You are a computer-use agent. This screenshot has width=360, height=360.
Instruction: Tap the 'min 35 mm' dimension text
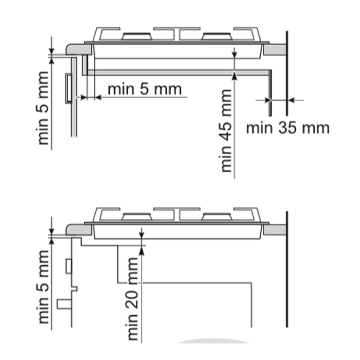pos(288,128)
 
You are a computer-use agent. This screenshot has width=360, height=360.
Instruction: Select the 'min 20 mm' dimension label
pos(132,299)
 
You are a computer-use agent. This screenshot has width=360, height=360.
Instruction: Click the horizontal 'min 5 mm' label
pos(144,89)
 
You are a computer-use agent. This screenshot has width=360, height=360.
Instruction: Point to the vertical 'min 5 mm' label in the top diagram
pos(43,108)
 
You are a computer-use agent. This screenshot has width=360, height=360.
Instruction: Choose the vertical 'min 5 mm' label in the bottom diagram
pos(43,287)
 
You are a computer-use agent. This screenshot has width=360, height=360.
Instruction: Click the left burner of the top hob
pos(137,36)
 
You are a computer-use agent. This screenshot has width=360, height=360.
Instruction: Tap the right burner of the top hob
pos(217,36)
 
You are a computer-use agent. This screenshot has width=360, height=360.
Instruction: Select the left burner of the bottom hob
pos(137,217)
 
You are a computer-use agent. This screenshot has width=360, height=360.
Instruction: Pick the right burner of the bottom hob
pos(217,217)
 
